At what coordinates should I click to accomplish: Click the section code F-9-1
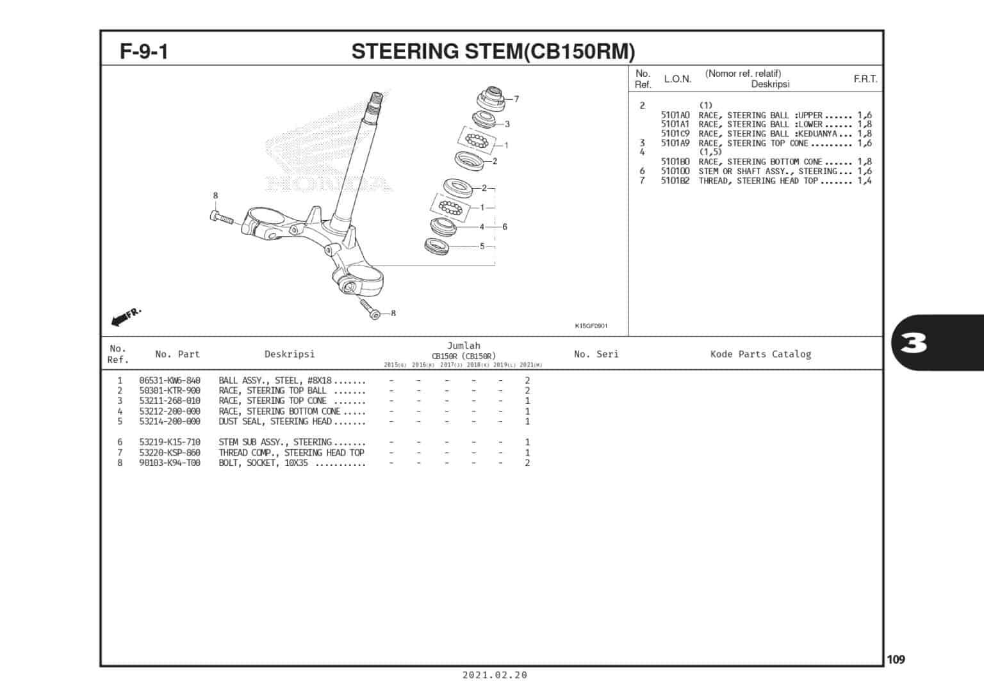144,51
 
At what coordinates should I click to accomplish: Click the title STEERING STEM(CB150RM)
493,51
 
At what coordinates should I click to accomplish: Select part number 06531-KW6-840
169,380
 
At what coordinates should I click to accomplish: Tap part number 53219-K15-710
169,442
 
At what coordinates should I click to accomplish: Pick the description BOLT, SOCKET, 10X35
263,463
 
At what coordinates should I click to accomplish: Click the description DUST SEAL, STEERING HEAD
275,422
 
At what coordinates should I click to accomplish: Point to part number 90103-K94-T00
169,463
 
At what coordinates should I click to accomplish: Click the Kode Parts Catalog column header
760,354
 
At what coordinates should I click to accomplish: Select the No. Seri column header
596,354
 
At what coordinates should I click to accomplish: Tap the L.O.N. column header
677,79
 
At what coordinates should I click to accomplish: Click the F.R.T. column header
865,79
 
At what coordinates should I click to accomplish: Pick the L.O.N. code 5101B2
675,181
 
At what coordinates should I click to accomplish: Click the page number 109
896,659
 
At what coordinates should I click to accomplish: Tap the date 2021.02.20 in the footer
495,675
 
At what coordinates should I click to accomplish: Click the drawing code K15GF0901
591,326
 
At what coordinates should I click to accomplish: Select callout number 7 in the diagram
516,99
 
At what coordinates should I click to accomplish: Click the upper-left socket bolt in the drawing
222,218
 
